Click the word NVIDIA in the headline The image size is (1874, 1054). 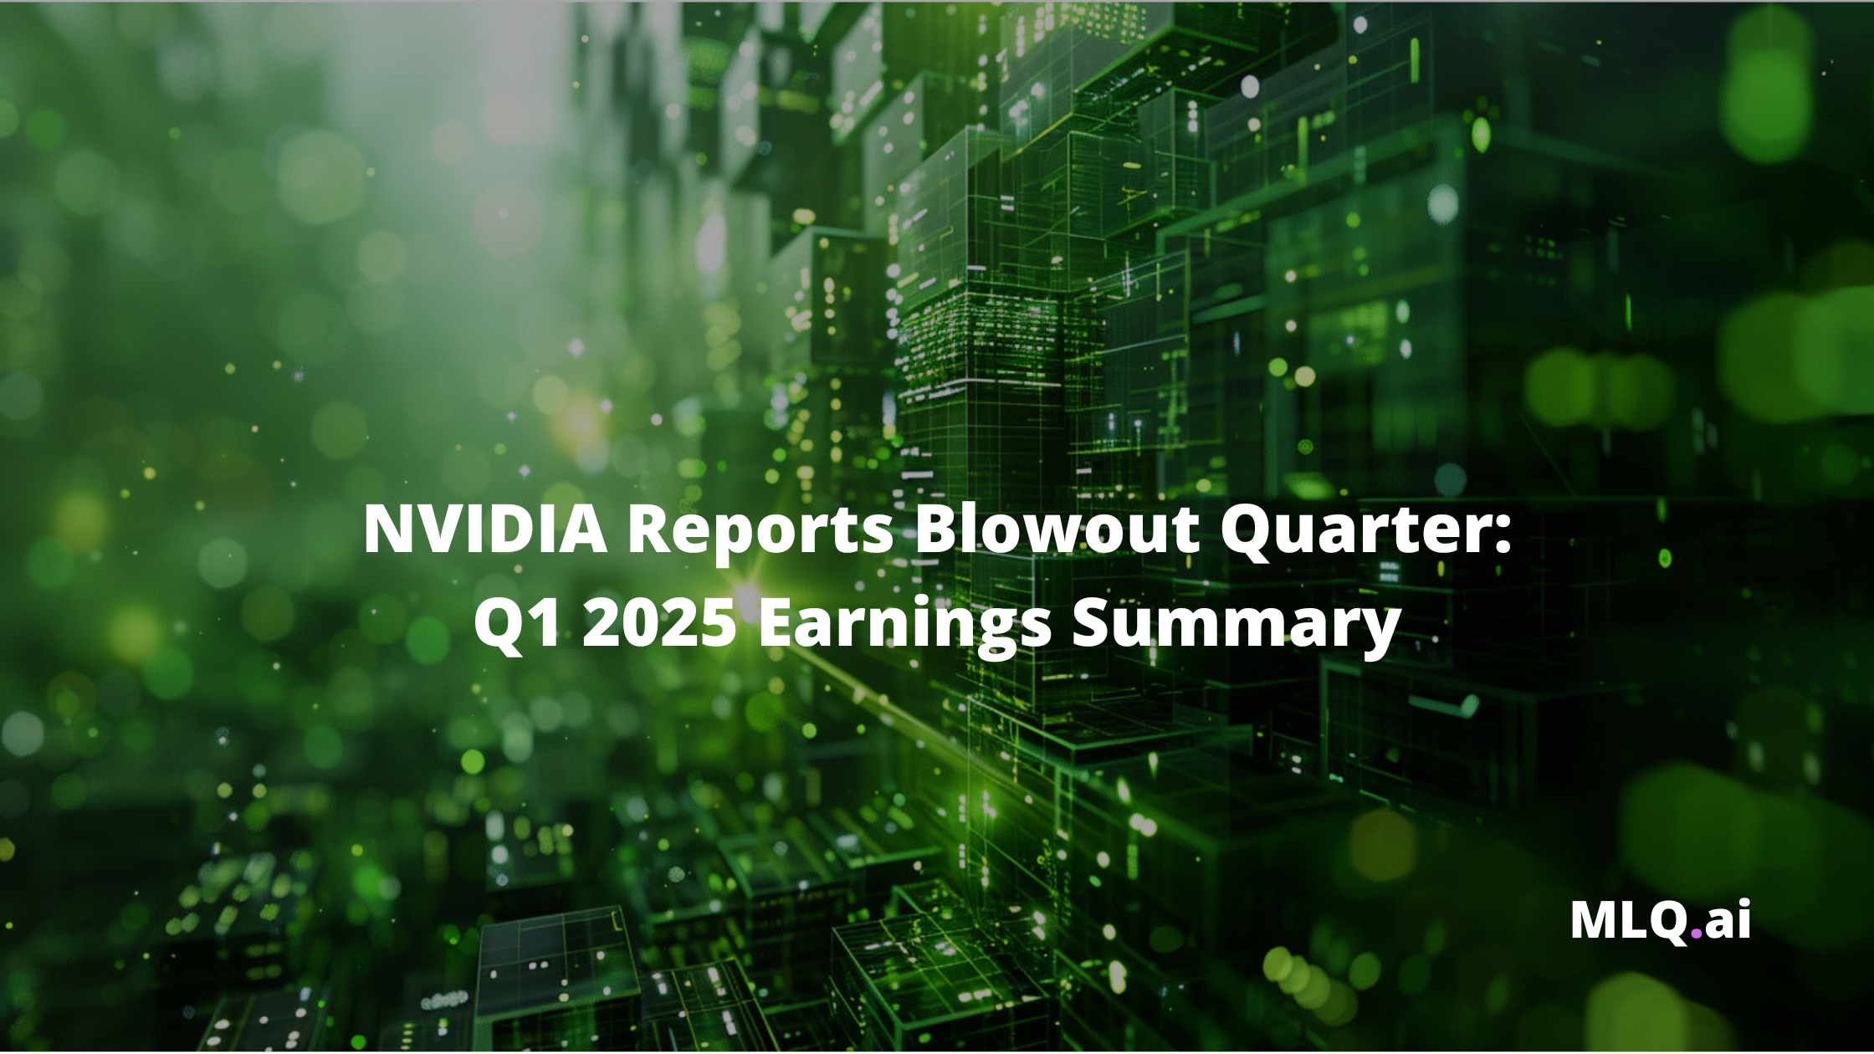point(485,529)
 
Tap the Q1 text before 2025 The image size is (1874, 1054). point(517,624)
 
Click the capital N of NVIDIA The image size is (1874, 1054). point(388,529)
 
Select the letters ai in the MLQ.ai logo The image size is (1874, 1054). point(1727,920)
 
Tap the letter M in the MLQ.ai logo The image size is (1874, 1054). point(1593,920)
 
